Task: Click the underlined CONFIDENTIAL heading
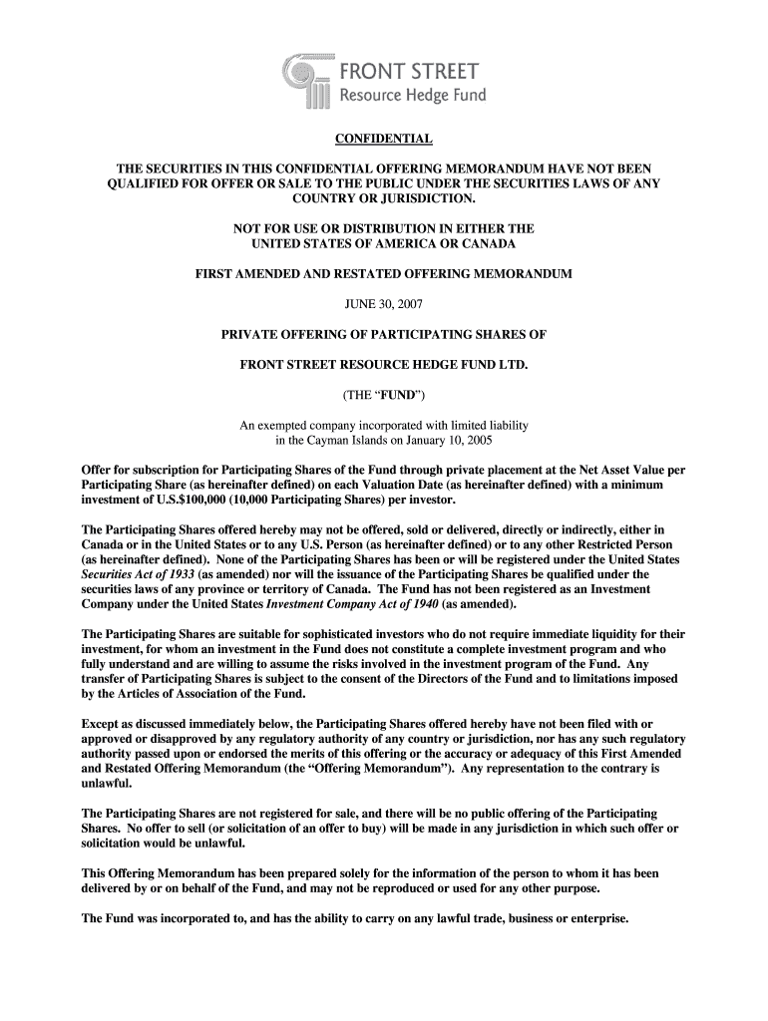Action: (384, 138)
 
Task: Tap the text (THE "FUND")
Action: (384, 394)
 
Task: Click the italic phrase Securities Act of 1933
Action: (138, 574)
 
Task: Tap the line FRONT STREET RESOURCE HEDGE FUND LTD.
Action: (384, 364)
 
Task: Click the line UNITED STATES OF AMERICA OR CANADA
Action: (384, 243)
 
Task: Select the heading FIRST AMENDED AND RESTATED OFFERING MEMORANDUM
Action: (384, 273)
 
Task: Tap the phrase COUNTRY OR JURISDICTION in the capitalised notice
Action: (384, 198)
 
